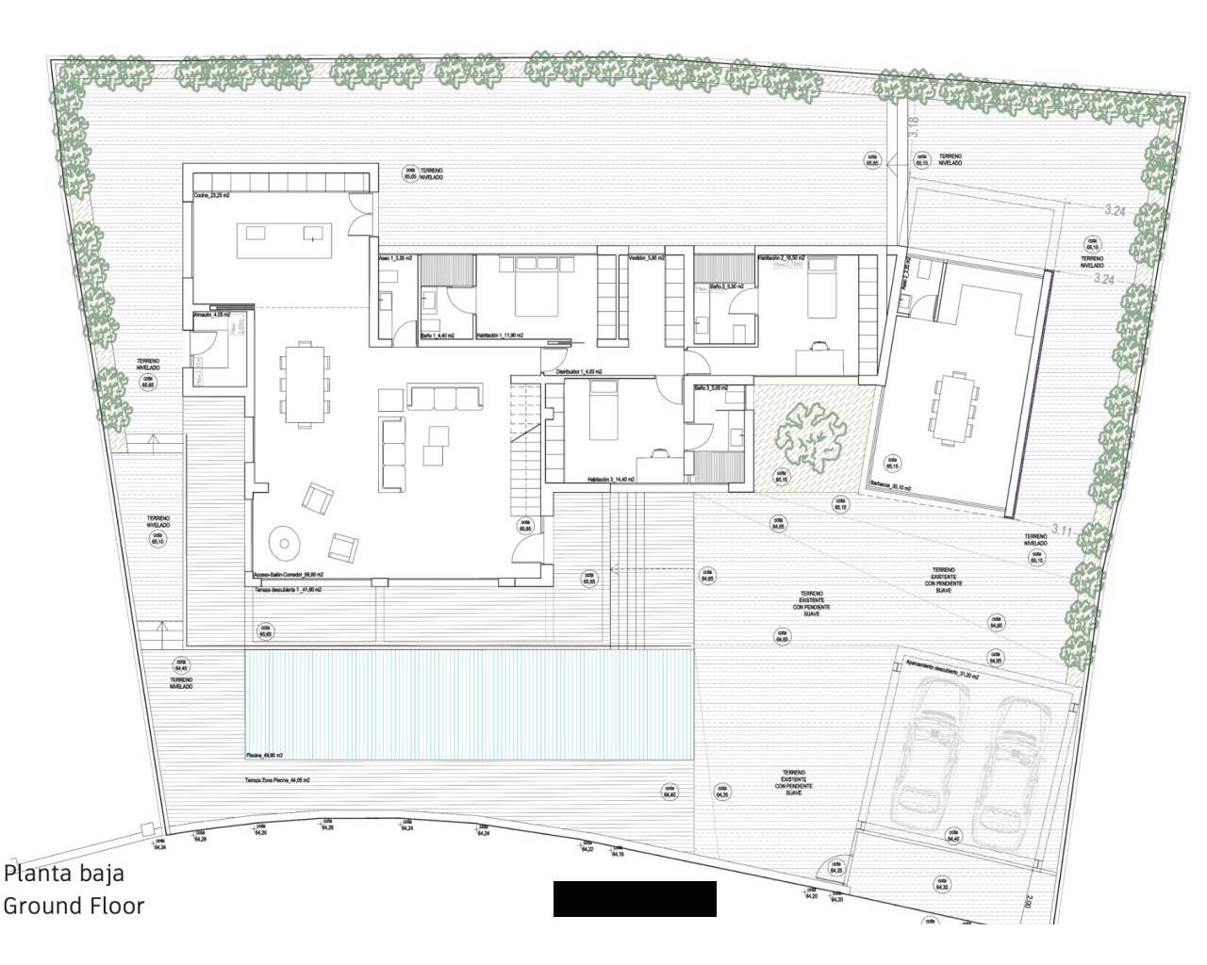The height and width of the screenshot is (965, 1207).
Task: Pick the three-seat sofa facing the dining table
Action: (x=444, y=398)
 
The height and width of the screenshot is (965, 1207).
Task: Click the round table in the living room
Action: (x=283, y=542)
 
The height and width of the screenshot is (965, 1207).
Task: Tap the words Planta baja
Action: (x=64, y=874)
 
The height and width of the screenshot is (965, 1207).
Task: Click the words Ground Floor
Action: (x=74, y=907)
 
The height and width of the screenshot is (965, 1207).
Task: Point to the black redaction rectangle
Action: (x=635, y=899)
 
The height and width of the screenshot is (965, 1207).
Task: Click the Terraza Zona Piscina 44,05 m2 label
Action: (x=278, y=781)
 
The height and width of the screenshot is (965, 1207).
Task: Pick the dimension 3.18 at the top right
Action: (x=913, y=126)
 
